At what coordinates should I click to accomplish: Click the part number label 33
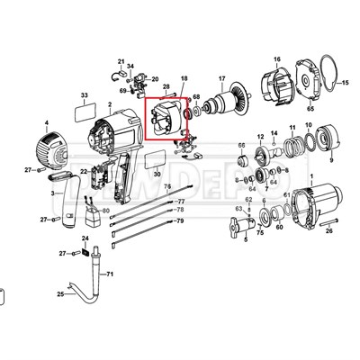(x=84, y=94)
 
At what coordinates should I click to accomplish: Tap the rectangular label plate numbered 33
(x=84, y=113)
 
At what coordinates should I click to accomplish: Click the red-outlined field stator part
(x=166, y=121)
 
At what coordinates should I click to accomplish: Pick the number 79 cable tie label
(x=180, y=220)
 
